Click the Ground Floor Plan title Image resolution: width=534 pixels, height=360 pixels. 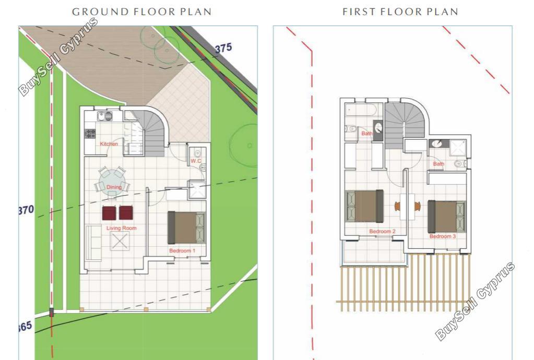pos(141,11)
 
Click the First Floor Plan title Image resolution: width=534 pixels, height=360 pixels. pos(400,11)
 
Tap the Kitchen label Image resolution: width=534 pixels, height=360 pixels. pos(109,144)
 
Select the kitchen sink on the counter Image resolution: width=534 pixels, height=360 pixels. pos(104,116)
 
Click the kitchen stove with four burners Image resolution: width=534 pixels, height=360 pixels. pos(90,134)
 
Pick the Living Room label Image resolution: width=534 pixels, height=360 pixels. pos(122,228)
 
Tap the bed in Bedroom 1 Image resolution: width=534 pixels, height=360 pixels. pos(186,227)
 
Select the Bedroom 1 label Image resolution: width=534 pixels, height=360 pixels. pos(182,251)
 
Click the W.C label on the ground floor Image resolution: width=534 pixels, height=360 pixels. pos(196,161)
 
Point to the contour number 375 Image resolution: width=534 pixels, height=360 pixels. pos(223,49)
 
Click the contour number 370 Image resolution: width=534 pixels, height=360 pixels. pos(26,210)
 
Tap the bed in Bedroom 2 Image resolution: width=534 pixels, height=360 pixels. pos(365,206)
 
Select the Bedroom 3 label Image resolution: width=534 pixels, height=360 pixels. pos(442,236)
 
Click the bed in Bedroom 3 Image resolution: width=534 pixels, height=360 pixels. pos(446,217)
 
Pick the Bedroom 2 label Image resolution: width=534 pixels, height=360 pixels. pos(383,231)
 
